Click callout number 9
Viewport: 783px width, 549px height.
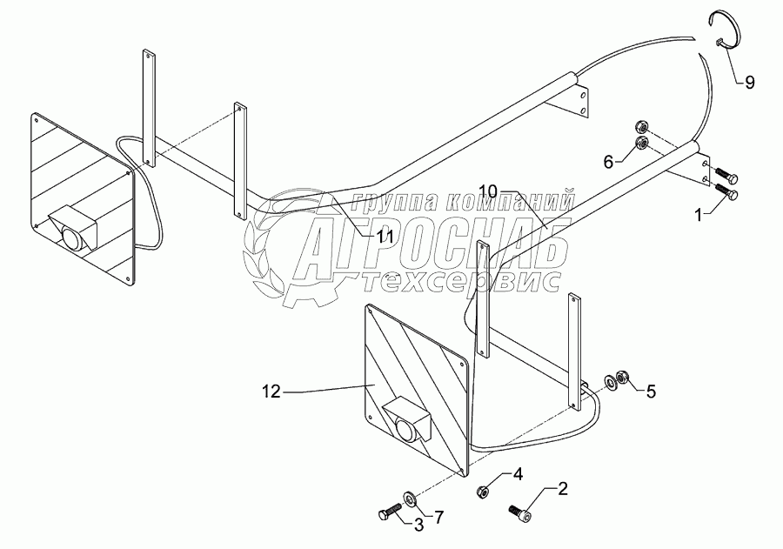click(748, 83)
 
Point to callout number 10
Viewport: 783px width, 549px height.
click(487, 191)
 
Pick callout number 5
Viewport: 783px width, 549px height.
click(650, 391)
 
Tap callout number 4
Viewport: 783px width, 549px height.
click(516, 474)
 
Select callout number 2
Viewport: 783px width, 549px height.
click(562, 488)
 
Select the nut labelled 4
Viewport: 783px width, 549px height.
click(483, 492)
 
